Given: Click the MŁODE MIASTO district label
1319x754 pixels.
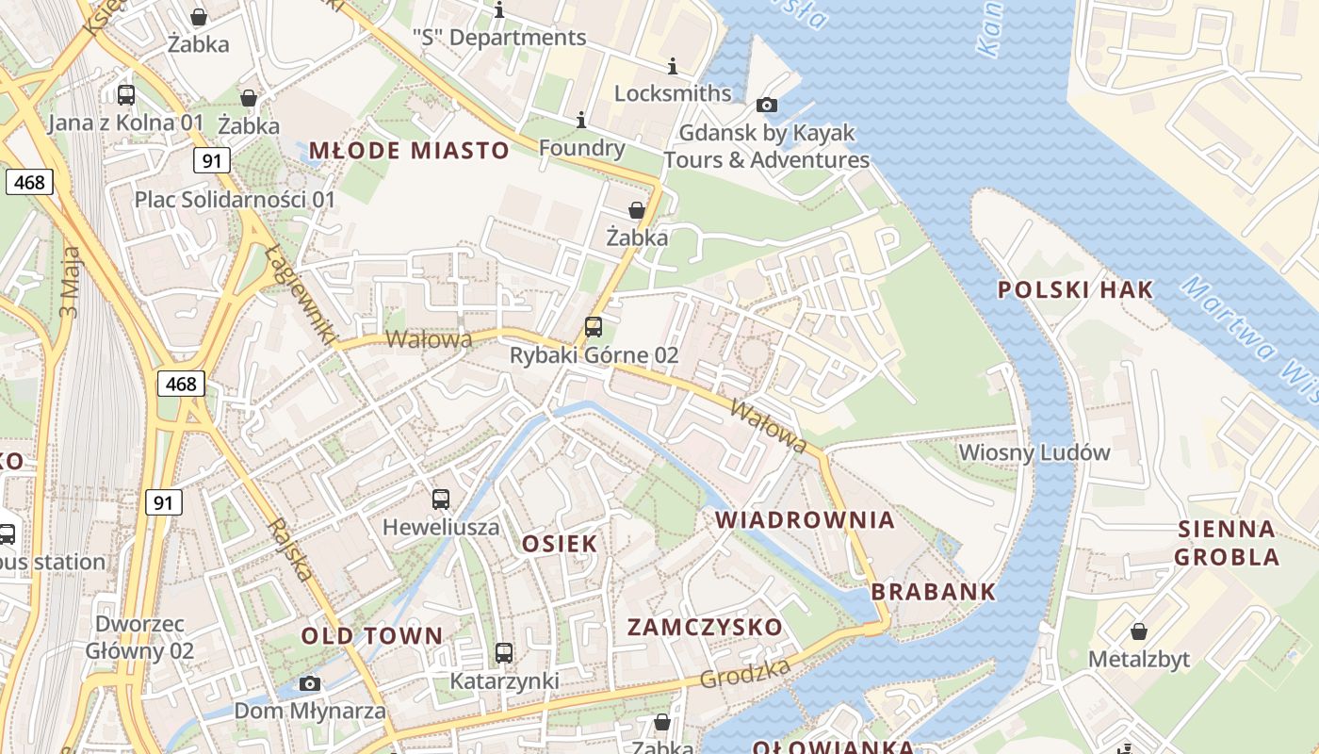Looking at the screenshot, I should pos(409,151).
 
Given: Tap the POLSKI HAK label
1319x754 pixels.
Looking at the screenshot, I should pos(1075,289).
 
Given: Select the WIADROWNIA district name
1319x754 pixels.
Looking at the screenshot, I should pos(805,520).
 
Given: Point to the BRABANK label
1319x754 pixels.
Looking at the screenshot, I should pos(933,592).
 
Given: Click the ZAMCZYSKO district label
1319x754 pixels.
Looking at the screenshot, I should pos(705,627).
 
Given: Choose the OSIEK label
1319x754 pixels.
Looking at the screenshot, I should pos(560,543).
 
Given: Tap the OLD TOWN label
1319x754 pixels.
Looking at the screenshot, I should pos(371,635).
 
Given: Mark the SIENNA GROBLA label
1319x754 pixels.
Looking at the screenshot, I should pos(1227,543).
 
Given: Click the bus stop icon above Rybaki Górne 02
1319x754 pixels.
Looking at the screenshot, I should pos(593,327).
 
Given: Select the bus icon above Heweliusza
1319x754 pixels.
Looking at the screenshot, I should pos(440,499).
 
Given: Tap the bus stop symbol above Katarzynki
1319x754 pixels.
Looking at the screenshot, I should pos(504,652).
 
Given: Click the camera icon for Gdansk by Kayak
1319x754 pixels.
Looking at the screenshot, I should pos(767,105).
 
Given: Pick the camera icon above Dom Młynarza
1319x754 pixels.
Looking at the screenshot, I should pos(309,683).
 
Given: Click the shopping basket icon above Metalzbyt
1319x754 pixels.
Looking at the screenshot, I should pos(1138,631).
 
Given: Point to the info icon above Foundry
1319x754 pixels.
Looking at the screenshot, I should pos(581,120).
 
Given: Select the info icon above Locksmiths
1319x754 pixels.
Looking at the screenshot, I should pos(673,66).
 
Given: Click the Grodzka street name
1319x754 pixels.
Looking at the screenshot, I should pos(744,673).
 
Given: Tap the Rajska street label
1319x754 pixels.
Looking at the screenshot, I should pos(290,549).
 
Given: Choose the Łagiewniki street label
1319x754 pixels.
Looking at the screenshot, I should pos(301,293).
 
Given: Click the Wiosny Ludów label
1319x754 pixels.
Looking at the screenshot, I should pos(1034,452).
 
